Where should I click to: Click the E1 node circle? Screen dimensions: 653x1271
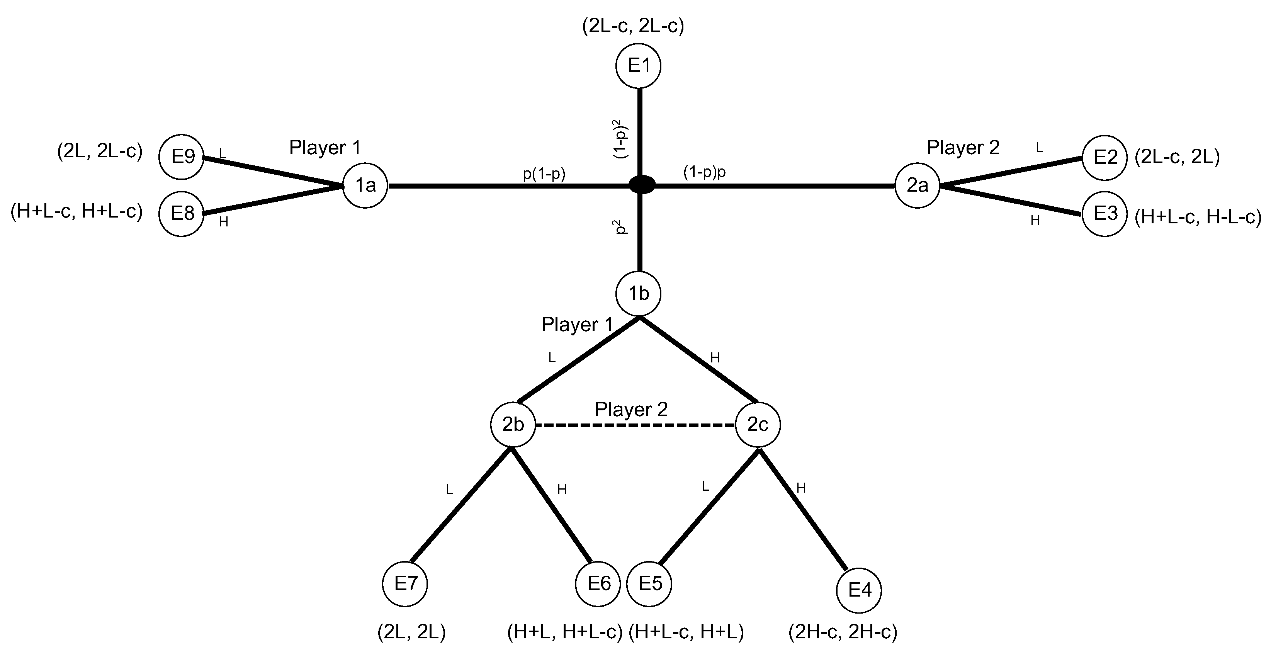tap(639, 66)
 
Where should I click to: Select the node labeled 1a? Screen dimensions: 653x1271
tap(365, 185)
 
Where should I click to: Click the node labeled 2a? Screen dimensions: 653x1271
tap(917, 185)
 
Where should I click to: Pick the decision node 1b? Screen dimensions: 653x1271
tap(639, 294)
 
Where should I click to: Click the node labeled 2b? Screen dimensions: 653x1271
tap(513, 425)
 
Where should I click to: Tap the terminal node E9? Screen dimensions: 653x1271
tap(182, 157)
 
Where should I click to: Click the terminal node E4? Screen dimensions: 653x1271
tap(859, 590)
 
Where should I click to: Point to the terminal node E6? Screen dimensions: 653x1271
tap(598, 584)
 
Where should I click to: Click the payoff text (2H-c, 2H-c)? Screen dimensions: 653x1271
tap(842, 632)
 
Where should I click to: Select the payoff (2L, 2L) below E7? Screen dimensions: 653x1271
tap(411, 632)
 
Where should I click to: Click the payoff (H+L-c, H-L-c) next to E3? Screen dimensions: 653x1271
tap(1198, 217)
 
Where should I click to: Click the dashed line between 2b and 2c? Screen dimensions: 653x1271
tap(635, 425)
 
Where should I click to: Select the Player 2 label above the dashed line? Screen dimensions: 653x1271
tap(631, 409)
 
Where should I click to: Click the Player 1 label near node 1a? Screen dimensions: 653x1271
tap(325, 148)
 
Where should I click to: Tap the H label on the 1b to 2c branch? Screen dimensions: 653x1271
tap(714, 358)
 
